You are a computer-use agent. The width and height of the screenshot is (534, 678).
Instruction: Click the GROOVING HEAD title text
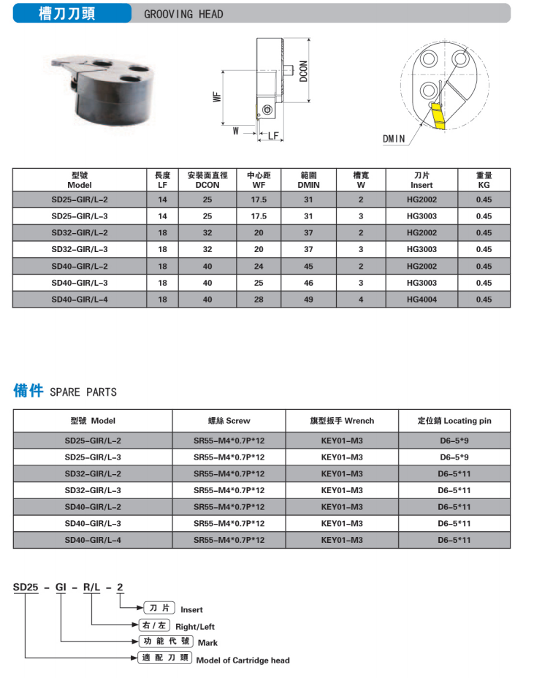[x=183, y=14]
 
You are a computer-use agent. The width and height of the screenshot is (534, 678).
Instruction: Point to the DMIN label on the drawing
[x=393, y=138]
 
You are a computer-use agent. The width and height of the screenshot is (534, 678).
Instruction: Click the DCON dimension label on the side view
[x=303, y=70]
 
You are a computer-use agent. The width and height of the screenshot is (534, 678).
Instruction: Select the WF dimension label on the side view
[x=218, y=98]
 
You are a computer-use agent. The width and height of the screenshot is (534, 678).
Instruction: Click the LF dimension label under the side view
[x=272, y=135]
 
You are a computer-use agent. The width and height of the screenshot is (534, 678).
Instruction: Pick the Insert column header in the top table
[x=422, y=180]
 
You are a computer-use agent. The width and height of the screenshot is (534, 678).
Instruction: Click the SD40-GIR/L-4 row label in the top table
[x=80, y=300]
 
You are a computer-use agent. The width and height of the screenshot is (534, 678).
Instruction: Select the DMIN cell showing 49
[x=308, y=300]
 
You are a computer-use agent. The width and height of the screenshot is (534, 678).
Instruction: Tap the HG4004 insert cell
[x=422, y=300]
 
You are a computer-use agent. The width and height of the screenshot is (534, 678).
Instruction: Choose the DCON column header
[x=207, y=180]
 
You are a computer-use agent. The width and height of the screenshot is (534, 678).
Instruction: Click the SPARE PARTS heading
[x=83, y=392]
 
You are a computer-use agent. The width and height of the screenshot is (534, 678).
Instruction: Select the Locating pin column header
[x=454, y=421]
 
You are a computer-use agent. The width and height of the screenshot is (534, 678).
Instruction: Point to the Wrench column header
[x=341, y=421]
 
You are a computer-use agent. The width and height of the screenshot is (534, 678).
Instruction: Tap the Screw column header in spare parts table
[x=229, y=421]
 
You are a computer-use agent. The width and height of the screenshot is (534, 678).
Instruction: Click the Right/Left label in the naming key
[x=195, y=626]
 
